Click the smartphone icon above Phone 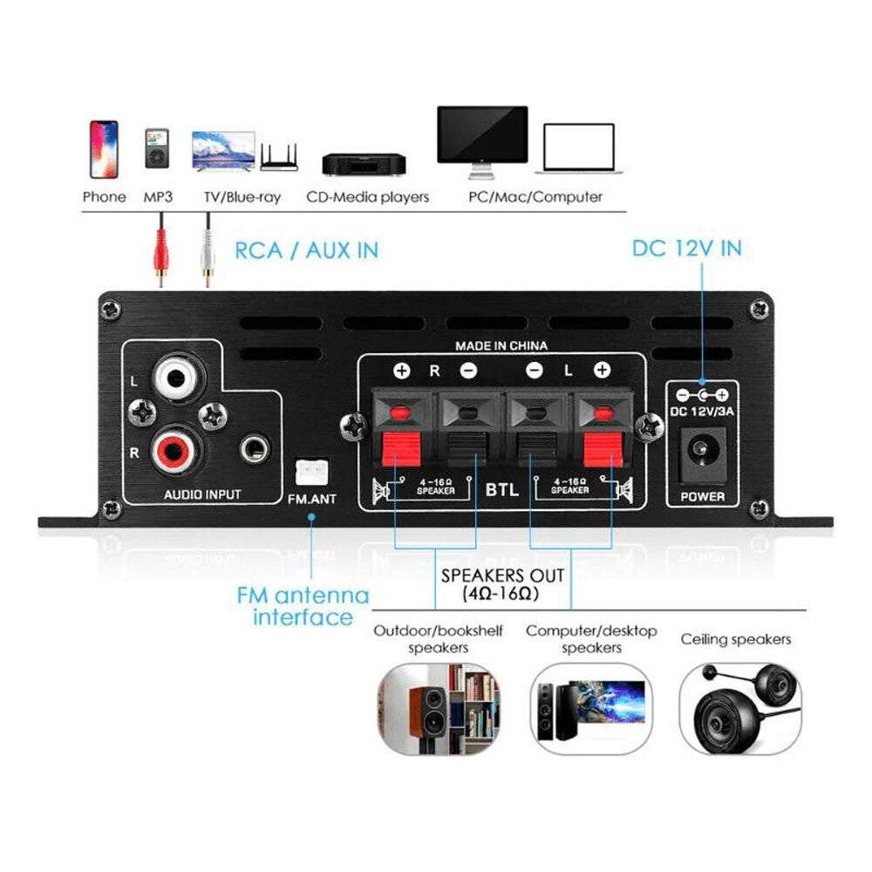pos(103,149)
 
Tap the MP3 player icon pos(158,150)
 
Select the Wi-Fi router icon pos(279,158)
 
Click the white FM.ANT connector pos(311,472)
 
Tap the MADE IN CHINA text pos(501,346)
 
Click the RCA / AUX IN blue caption pos(306,250)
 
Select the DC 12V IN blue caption pos(686,249)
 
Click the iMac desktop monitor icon pos(482,138)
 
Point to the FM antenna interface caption pos(303,607)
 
